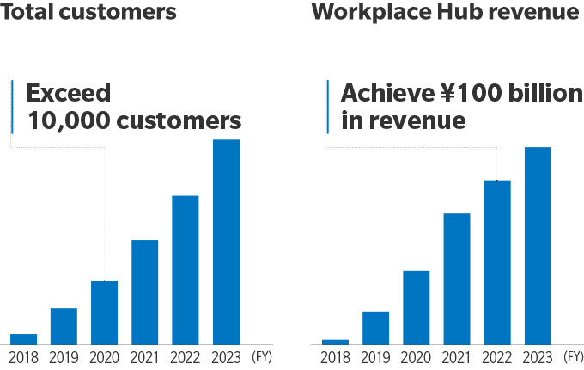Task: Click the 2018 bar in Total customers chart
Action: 23,339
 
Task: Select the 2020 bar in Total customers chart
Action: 104,312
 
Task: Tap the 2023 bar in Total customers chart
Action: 226,242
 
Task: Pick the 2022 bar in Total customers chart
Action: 186,270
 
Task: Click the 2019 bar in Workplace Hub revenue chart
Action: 376,328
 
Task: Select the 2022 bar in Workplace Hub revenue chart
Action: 497,262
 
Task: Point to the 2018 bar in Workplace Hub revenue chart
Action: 335,342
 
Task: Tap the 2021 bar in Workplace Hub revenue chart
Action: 457,279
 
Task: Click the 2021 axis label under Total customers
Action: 144,358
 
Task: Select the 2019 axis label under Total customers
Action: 64,358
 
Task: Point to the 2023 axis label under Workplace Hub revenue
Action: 538,358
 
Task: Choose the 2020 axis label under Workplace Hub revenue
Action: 416,358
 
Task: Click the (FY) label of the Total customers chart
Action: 262,357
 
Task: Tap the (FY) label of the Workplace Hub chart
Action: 574,357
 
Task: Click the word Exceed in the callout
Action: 69,93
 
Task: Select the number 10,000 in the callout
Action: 69,120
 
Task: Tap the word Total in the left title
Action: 27,11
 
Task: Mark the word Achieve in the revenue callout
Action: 387,93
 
